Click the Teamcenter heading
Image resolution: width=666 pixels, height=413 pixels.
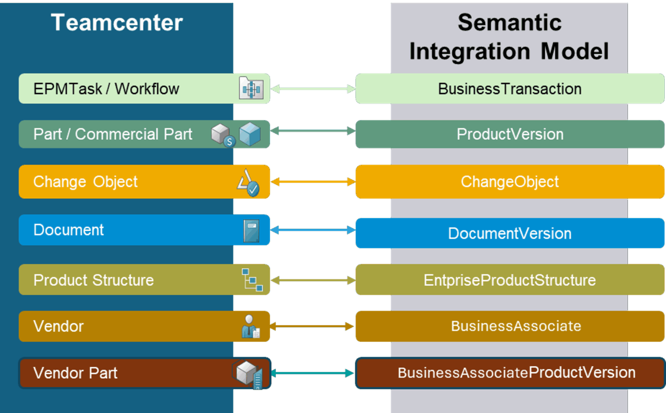[x=117, y=23]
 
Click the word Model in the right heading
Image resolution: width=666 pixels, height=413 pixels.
[x=575, y=51]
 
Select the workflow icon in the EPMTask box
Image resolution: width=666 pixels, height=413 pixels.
[x=251, y=88]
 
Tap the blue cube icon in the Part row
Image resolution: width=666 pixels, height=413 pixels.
[x=250, y=134]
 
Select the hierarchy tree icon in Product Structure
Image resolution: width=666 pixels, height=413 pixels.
[x=252, y=280]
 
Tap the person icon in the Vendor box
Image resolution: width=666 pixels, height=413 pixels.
[x=250, y=326]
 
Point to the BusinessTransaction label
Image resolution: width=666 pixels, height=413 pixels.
[x=509, y=89]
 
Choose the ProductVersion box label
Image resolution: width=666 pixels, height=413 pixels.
[x=510, y=134]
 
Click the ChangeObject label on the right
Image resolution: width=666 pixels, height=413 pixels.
[x=509, y=182]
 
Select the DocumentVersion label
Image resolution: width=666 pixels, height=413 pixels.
[x=509, y=234]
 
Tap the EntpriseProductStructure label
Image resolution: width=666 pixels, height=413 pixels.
[x=509, y=280]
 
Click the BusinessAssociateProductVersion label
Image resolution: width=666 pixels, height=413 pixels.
[x=516, y=373]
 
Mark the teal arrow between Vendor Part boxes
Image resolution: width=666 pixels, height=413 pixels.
[x=313, y=373]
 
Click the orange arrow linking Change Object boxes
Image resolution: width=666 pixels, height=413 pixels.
[x=313, y=182]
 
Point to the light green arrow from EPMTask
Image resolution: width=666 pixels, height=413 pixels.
[x=313, y=89]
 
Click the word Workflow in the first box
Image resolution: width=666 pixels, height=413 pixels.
[x=147, y=89]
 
